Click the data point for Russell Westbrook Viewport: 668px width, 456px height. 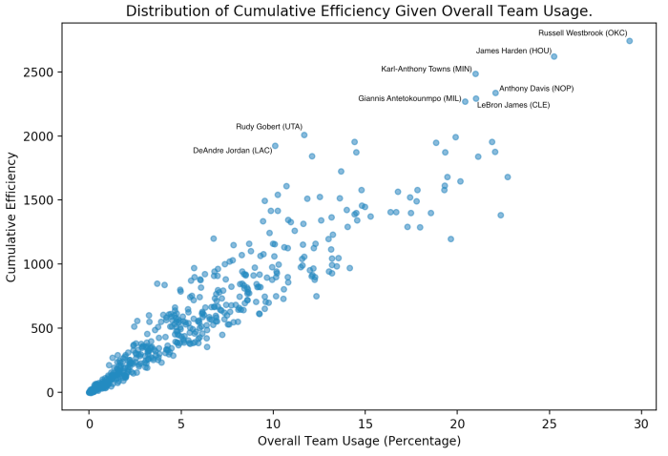point(630,41)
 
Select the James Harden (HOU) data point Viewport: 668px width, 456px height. point(554,56)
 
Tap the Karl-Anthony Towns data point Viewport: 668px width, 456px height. point(475,73)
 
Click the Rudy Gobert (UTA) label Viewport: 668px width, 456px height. point(269,127)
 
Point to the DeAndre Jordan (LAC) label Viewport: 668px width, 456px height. point(232,151)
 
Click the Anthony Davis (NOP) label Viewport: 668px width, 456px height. point(536,89)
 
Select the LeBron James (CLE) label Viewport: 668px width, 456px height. point(513,105)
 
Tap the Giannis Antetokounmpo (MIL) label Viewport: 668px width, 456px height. point(409,98)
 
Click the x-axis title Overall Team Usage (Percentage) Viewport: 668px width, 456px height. point(359,441)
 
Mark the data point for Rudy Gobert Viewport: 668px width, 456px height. point(304,135)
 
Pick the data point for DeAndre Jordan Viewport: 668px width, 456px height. point(275,146)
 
